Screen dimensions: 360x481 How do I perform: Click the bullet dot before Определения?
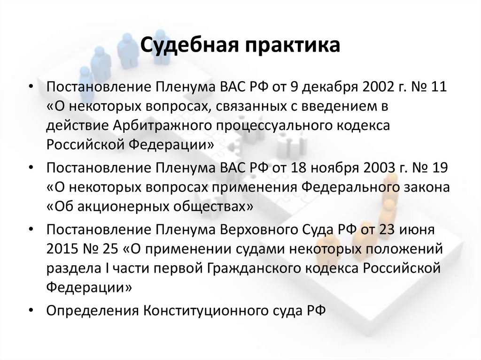(31, 310)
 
